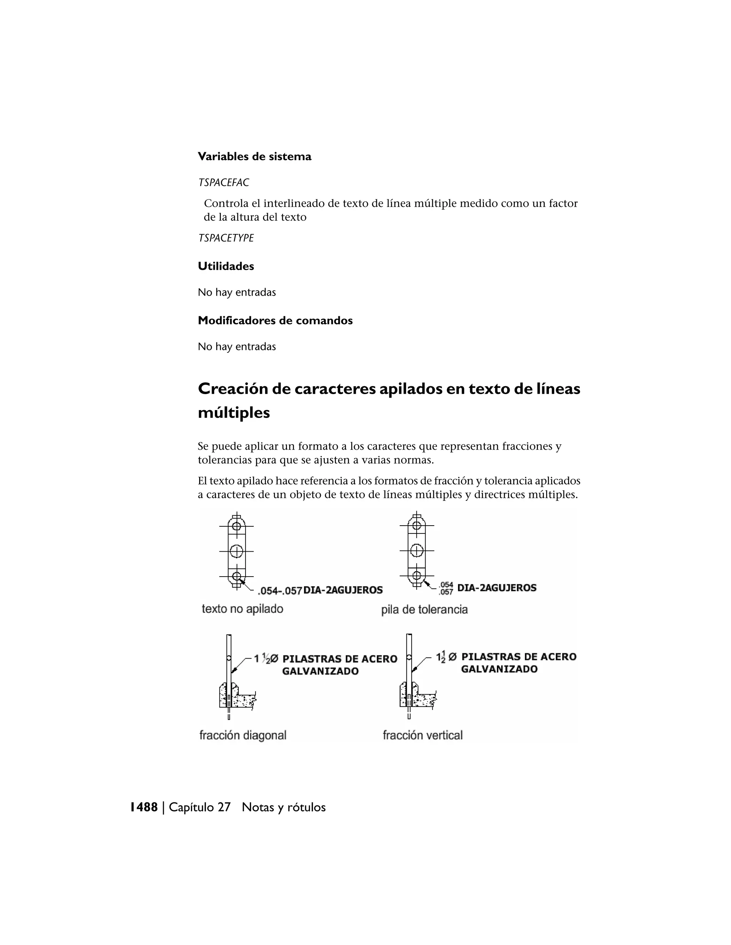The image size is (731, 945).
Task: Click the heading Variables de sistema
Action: coord(254,156)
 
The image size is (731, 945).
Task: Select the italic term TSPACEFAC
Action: coord(223,183)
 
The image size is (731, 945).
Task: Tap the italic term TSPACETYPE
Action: coord(226,238)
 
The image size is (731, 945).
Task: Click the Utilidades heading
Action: coord(226,266)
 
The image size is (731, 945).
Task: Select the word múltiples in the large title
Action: coord(233,413)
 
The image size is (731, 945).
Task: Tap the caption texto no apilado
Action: coord(242,609)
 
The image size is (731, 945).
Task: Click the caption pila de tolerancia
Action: coord(424,610)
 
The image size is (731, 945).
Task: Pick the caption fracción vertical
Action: coord(422,735)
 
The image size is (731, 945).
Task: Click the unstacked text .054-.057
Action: coord(279,591)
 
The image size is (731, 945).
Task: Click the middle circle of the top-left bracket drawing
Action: coord(236,551)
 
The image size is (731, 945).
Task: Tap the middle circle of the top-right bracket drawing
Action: coord(417,550)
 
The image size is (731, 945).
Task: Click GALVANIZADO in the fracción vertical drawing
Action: coord(499,669)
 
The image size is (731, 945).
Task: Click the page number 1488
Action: coord(144,807)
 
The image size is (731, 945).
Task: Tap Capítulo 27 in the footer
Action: coord(199,807)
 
